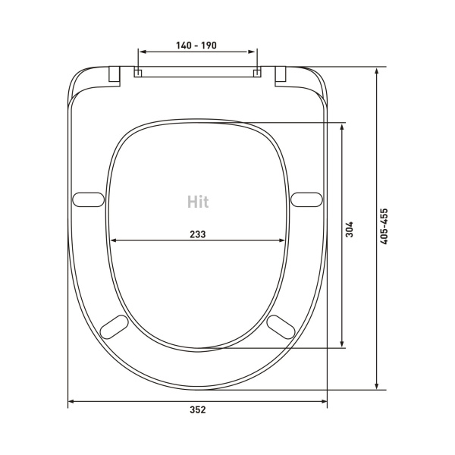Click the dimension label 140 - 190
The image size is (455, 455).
[196, 45]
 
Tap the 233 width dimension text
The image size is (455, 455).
[198, 234]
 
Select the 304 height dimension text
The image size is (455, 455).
[350, 229]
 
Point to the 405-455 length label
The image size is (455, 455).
[384, 226]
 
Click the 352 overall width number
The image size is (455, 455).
[198, 409]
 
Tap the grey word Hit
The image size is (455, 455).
[198, 202]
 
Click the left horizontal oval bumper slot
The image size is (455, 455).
[88, 199]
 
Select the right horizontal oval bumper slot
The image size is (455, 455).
[306, 199]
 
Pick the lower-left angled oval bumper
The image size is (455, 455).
[114, 327]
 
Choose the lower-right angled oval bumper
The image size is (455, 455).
[281, 327]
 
